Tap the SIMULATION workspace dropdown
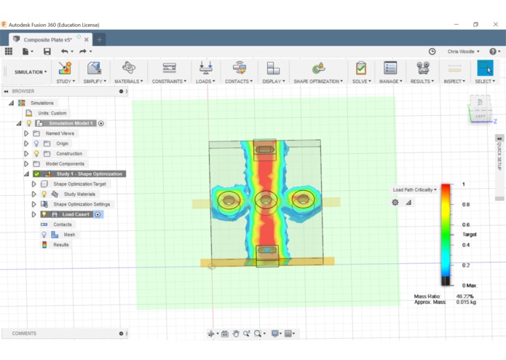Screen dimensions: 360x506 31,72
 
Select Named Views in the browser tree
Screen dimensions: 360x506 60,133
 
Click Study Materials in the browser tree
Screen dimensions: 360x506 79,195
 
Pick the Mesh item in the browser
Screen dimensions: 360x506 69,235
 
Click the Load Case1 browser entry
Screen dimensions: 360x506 76,214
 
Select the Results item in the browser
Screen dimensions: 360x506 60,245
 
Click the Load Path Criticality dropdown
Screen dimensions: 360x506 416,189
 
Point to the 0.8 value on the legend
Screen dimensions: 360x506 465,205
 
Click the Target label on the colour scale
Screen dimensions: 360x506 470,235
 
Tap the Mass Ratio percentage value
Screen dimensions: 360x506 465,297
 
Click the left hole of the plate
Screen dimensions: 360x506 230,199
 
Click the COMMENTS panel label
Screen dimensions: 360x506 24,333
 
